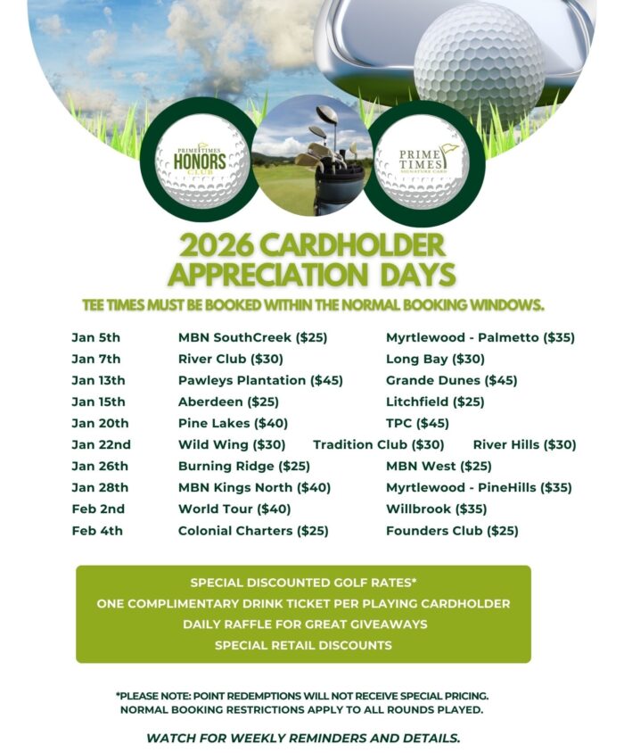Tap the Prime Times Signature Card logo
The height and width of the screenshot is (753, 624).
click(423, 160)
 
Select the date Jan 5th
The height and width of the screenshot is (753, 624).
click(95, 338)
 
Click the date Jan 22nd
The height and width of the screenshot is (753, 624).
click(101, 445)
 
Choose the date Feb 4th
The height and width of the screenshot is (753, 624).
click(97, 531)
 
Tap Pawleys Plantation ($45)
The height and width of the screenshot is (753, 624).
click(260, 381)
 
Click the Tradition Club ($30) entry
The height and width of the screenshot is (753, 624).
click(378, 445)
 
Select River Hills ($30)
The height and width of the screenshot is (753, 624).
click(524, 445)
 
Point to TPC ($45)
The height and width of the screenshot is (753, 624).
click(417, 424)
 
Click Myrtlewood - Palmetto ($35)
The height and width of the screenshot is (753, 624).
click(480, 338)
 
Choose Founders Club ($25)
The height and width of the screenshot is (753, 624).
click(452, 531)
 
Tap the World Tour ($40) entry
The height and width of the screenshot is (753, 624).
click(234, 509)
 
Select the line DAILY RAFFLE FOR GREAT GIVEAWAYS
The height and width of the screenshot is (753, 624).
click(304, 625)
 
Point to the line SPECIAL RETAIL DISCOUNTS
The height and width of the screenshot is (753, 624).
click(303, 645)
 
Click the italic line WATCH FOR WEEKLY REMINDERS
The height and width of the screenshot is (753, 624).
click(303, 738)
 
